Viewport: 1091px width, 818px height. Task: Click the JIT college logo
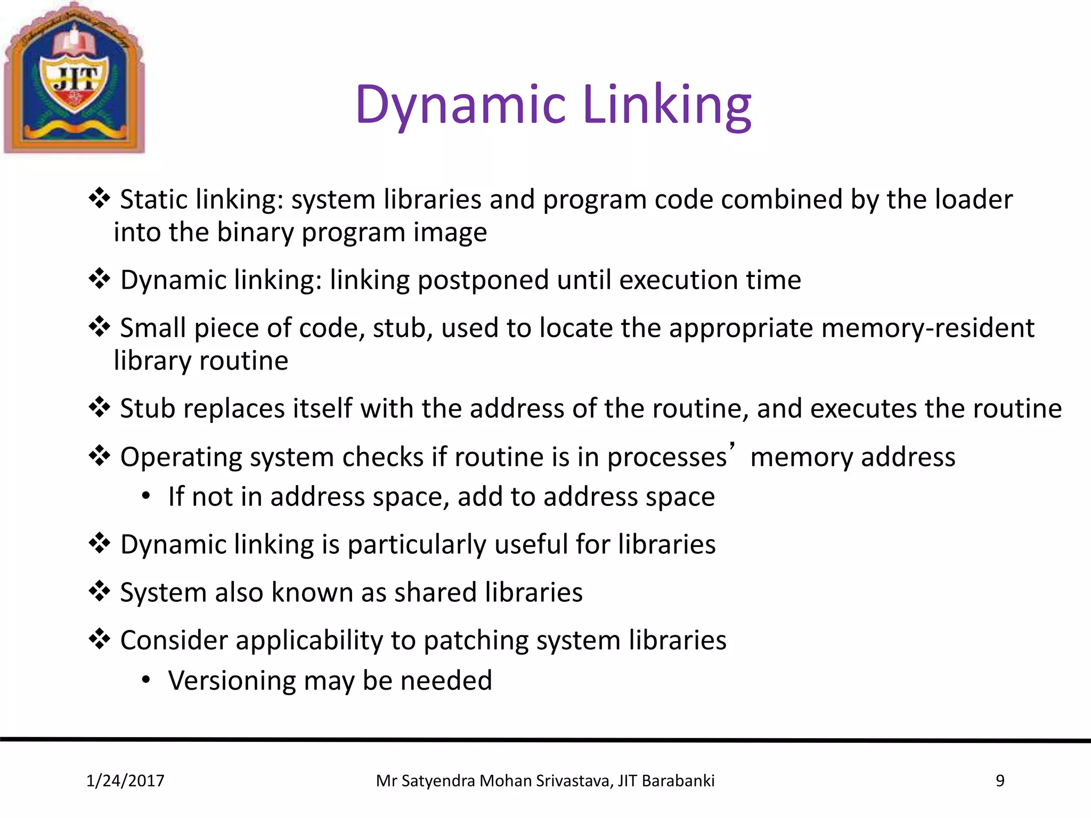click(74, 78)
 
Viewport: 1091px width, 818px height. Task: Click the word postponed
click(483, 281)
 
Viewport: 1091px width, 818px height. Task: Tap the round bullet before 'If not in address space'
click(146, 496)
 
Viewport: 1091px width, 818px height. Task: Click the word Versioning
click(232, 681)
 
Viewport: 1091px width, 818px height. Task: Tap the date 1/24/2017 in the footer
click(126, 781)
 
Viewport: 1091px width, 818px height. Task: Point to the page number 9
click(1000, 781)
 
